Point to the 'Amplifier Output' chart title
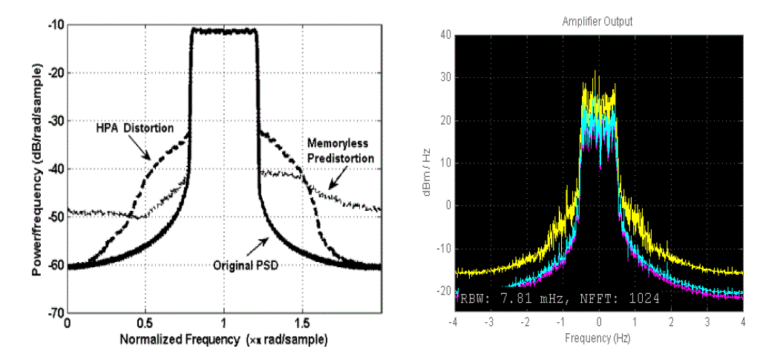coord(597,22)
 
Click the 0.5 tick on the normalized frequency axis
coord(145,324)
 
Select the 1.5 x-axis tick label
coord(302,324)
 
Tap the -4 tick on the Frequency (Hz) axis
coord(452,324)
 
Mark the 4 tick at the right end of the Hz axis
coord(742,324)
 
